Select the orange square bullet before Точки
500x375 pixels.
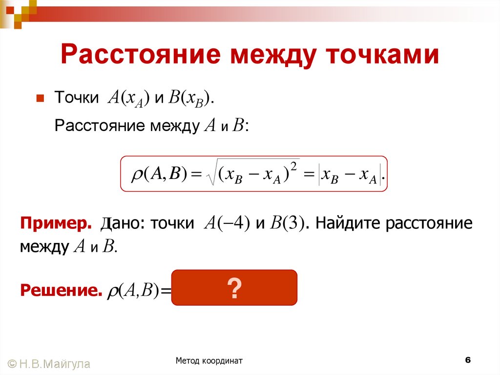pos(41,97)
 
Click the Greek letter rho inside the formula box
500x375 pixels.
pos(135,175)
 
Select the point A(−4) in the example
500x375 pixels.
pos(226,224)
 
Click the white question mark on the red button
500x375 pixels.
pos(234,288)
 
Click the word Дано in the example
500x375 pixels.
pos(120,224)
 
